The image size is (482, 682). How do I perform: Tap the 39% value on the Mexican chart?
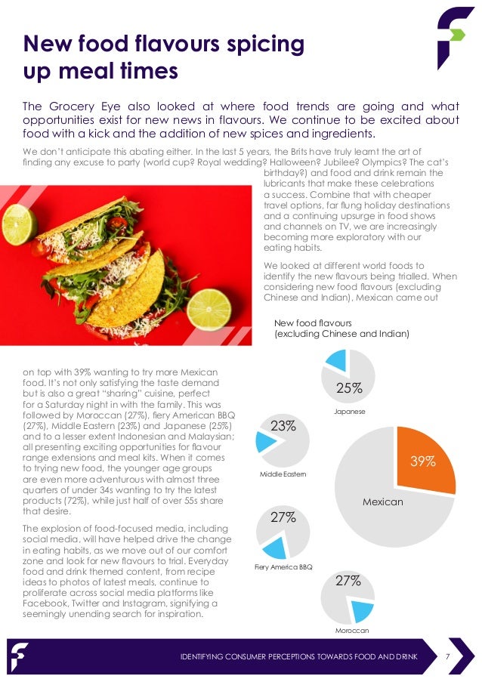[422, 461]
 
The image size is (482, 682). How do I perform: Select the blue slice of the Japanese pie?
[336, 362]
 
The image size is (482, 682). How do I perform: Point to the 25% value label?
[349, 388]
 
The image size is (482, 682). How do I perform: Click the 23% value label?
[283, 426]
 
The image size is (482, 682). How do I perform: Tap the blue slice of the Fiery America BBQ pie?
[273, 548]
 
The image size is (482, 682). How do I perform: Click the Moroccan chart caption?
[348, 630]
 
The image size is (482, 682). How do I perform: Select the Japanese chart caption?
[349, 412]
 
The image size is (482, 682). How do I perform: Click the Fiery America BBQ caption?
[284, 566]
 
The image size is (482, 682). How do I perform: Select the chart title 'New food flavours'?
[308, 321]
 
